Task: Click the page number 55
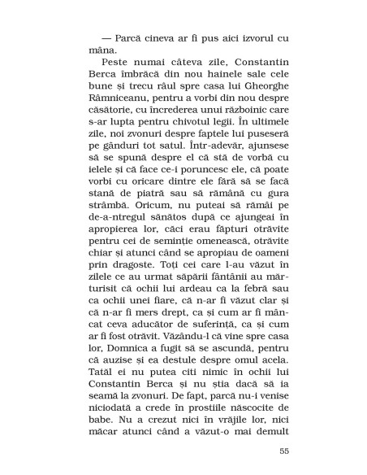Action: pos(283,451)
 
